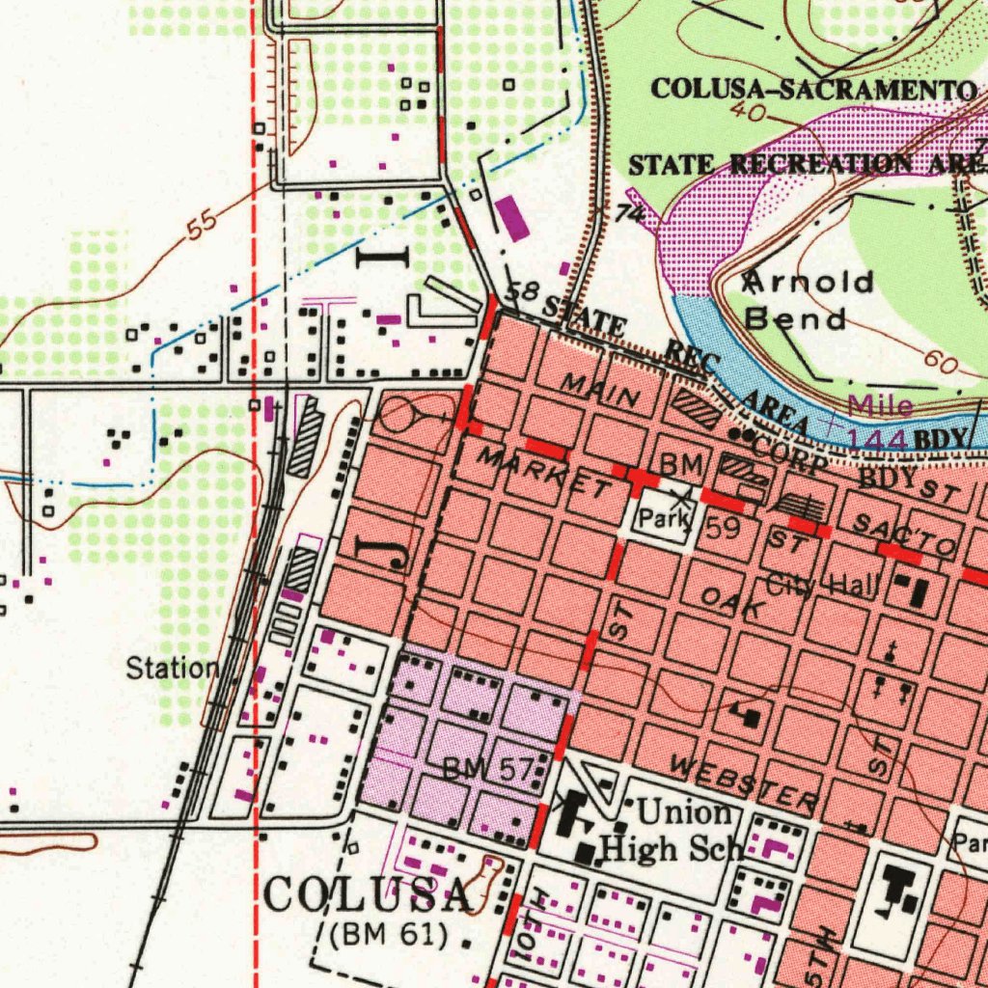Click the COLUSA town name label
[370, 894]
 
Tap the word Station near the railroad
[173, 667]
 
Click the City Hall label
[817, 585]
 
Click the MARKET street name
[544, 472]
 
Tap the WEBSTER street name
[744, 782]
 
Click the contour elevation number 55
[203, 228]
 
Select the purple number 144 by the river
[879, 439]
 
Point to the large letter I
[382, 256]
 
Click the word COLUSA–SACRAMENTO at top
[814, 90]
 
